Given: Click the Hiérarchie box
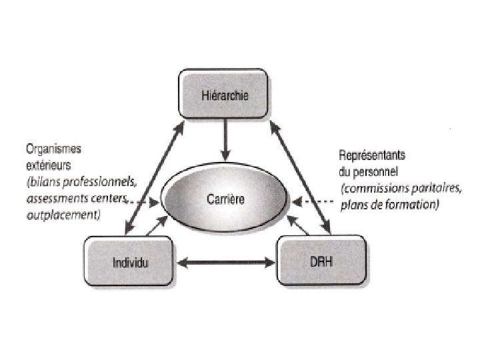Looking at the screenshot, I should tap(224, 95).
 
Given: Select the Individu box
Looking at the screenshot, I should tap(131, 262).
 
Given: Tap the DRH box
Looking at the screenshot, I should tap(321, 262).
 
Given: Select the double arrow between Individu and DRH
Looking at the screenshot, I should tap(226, 263).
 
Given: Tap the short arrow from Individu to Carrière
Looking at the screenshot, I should tap(155, 227).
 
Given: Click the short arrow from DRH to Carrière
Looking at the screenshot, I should tap(300, 227).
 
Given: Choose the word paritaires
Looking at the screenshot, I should tap(437, 189).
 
